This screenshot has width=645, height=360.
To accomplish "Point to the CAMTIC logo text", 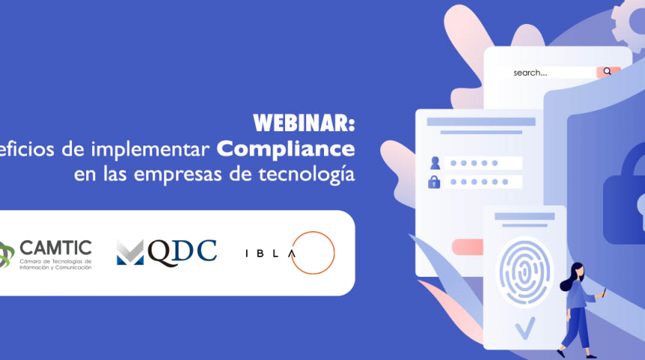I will pyautogui.click(x=56, y=247).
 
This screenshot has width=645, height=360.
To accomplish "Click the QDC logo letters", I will pyautogui.click(x=182, y=250).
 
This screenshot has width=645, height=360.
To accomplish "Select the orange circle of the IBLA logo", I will pyautogui.click(x=313, y=252).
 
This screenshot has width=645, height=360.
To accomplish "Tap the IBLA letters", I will pyautogui.click(x=270, y=253).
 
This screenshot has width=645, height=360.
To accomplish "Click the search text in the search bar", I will pyautogui.click(x=529, y=73).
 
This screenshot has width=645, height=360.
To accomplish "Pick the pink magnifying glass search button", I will pyautogui.click(x=607, y=72).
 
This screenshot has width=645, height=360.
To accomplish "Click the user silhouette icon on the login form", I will pyautogui.click(x=434, y=163).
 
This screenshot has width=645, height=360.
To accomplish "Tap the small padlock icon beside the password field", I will pyautogui.click(x=434, y=181).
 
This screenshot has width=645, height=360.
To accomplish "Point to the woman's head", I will pyautogui.click(x=577, y=268).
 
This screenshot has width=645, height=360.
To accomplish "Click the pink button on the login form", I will pyautogui.click(x=467, y=247).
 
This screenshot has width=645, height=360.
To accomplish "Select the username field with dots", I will pyautogui.click(x=482, y=163).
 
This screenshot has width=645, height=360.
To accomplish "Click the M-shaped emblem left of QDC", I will pyautogui.click(x=129, y=252).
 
